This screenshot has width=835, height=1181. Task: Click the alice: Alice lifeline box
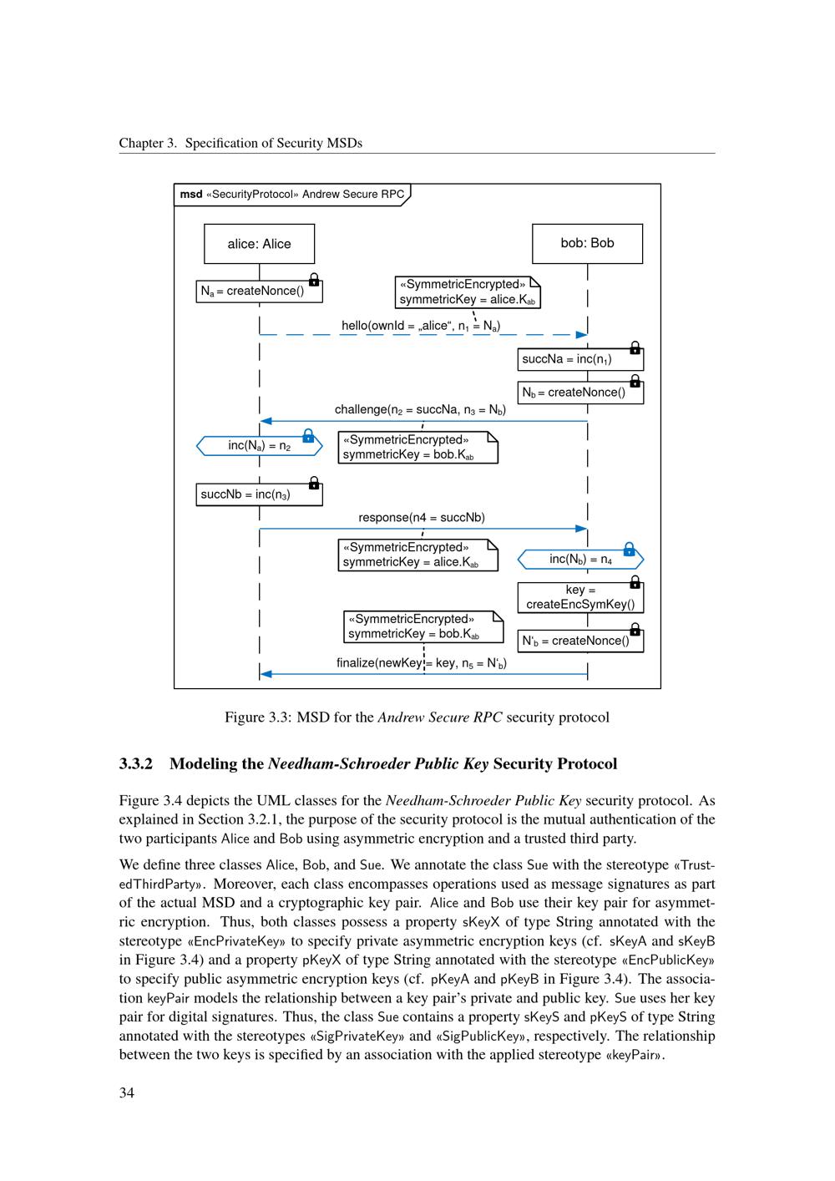(259, 244)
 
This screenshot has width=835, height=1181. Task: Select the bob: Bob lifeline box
(587, 243)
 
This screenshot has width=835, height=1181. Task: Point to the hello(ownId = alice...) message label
(421, 326)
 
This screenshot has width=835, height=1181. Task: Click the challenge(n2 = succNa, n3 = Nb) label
(420, 409)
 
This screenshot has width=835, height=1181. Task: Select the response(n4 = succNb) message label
(422, 518)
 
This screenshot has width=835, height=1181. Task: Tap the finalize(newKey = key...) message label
(422, 663)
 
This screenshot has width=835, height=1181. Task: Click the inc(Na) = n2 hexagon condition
(259, 446)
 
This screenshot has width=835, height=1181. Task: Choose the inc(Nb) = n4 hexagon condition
(580, 560)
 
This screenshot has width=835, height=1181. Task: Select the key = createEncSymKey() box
(579, 597)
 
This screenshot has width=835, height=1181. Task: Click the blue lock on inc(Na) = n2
(308, 436)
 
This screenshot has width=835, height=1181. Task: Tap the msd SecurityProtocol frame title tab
(292, 195)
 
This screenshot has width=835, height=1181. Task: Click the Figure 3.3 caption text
(417, 717)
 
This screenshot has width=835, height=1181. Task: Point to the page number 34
(127, 1092)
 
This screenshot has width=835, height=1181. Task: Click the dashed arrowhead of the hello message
(582, 335)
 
